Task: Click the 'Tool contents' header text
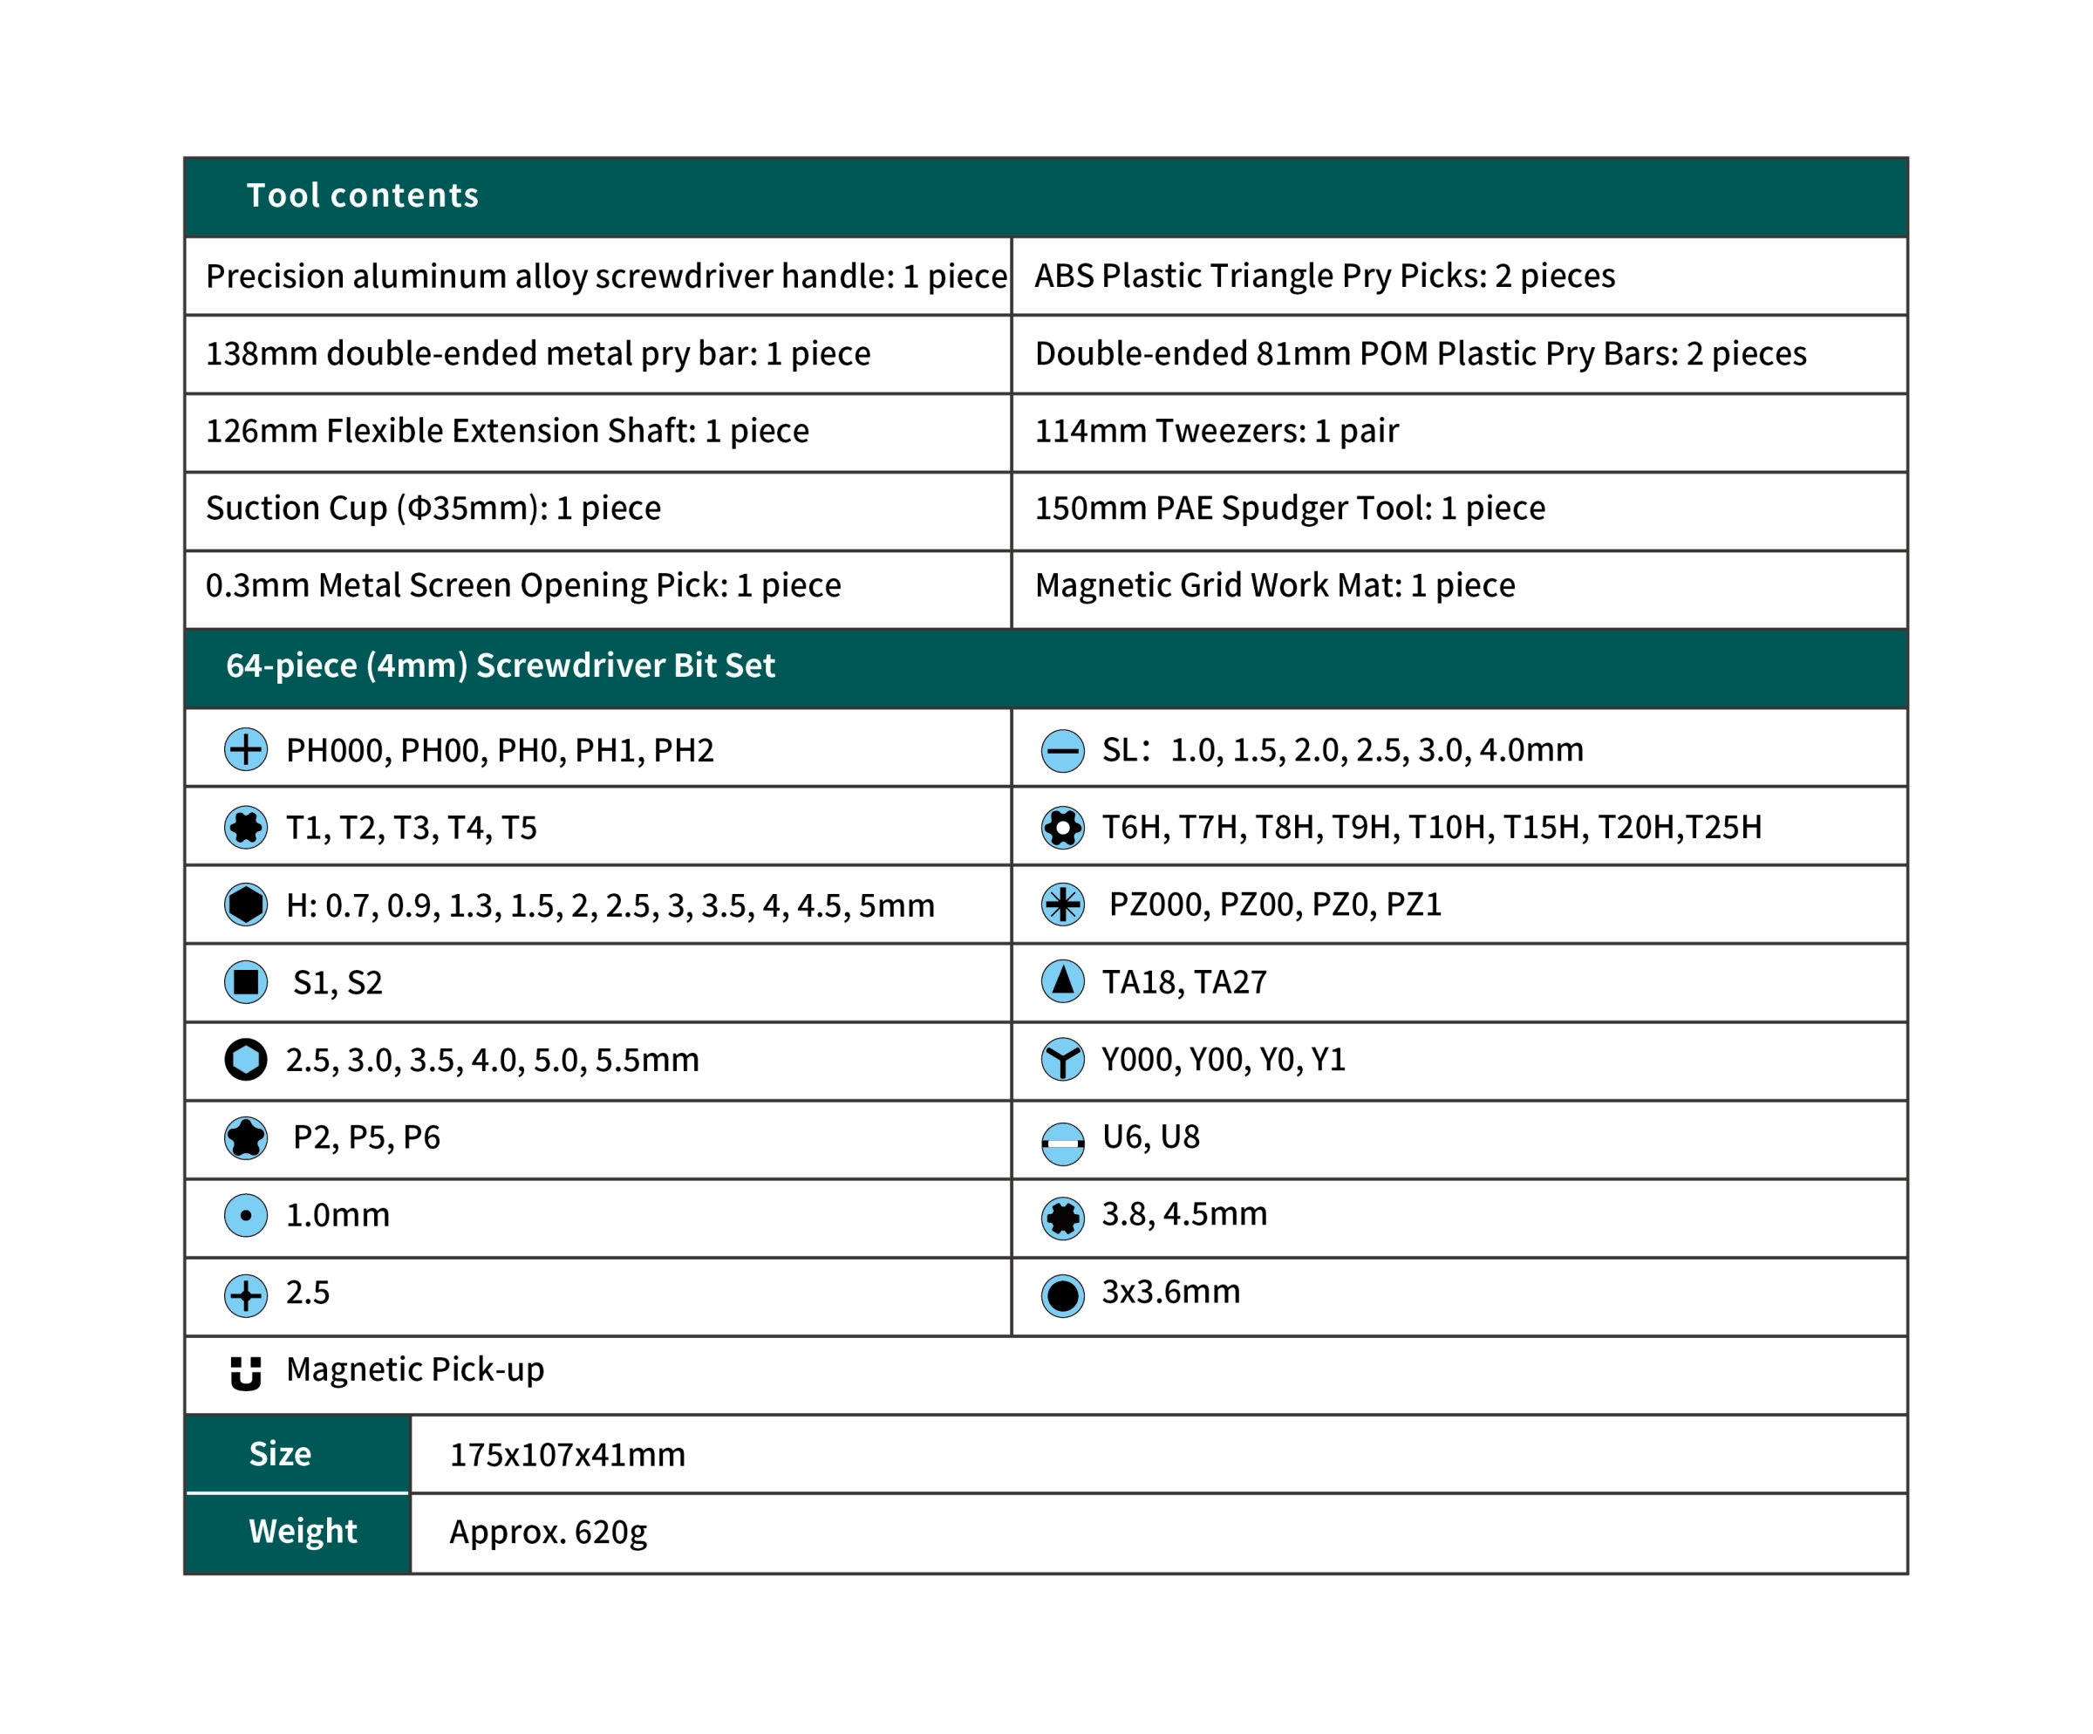coord(362,195)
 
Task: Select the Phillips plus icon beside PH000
coord(245,749)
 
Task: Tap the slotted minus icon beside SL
coord(1062,750)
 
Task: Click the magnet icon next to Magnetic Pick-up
coord(245,1371)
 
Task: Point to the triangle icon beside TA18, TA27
coord(1062,981)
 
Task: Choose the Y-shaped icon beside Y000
coord(1062,1060)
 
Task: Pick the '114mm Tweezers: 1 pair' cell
coord(1216,431)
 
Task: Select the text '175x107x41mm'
coord(567,1455)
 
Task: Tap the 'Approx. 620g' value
coord(549,1532)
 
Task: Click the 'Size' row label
coord(280,1454)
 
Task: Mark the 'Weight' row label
coord(302,1531)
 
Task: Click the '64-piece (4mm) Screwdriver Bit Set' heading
coord(501,666)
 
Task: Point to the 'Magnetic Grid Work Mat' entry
coord(1275,585)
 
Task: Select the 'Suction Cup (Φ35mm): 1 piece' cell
coord(433,509)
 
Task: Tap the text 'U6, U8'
coord(1150,1137)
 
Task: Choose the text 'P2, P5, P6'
coord(365,1137)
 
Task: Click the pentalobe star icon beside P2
coord(245,1137)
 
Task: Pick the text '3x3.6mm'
coord(1170,1293)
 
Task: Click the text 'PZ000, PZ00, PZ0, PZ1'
coord(1275,905)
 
